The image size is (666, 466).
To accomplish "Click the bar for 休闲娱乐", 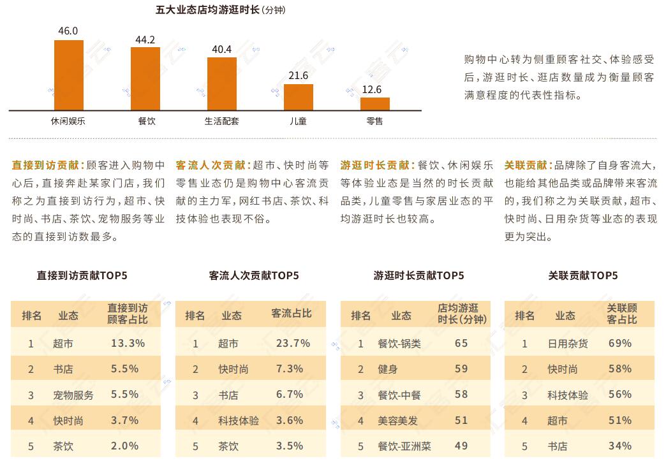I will (x=69, y=75).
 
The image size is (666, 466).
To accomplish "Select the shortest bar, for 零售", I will (x=374, y=104).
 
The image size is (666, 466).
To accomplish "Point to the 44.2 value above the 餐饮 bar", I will (x=145, y=40).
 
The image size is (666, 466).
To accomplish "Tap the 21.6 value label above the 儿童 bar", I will (x=298, y=76).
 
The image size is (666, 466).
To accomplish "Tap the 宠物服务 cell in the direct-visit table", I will (x=73, y=395).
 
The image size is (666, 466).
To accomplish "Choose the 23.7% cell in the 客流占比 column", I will (x=293, y=343).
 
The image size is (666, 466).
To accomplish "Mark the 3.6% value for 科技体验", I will (x=290, y=421).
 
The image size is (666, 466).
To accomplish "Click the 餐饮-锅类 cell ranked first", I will (x=399, y=344).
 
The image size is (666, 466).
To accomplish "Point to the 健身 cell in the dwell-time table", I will (x=388, y=369).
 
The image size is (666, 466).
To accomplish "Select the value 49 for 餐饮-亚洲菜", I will (x=461, y=446).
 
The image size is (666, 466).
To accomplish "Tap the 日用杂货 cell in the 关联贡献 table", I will (x=568, y=344).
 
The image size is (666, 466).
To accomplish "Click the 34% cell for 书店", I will (x=619, y=446).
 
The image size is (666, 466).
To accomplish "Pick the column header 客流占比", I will (x=292, y=314).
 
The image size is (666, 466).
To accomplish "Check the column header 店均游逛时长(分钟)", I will (x=462, y=314).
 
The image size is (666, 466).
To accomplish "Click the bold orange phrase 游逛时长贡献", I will (x=376, y=166).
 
